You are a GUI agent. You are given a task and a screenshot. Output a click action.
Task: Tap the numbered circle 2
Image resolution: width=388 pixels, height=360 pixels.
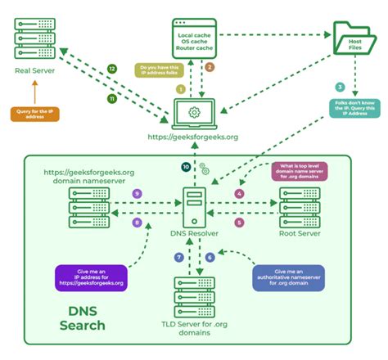[210, 67]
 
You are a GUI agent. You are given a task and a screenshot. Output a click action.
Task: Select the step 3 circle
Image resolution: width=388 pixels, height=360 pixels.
[340, 87]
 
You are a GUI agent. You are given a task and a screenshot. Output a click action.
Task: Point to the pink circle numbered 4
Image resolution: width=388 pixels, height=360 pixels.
[240, 193]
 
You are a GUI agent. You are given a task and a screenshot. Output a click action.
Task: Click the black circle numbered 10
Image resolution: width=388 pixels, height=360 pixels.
[186, 167]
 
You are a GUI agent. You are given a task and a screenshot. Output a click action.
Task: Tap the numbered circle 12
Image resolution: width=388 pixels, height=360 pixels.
[112, 69]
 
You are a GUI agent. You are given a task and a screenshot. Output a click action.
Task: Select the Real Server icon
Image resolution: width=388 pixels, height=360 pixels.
[34, 36]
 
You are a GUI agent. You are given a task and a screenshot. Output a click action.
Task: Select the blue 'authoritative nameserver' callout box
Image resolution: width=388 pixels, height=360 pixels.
[291, 277]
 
